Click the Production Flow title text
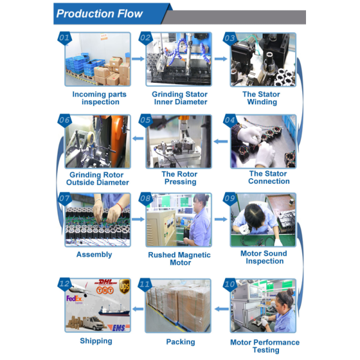click(x=100, y=14)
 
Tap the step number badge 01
click(x=65, y=38)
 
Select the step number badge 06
click(x=65, y=120)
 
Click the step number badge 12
click(x=65, y=284)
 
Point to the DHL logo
click(x=105, y=282)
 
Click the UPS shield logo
click(x=124, y=286)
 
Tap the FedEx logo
click(x=74, y=299)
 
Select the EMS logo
click(x=119, y=328)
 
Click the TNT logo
click(x=105, y=290)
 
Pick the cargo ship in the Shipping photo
click(x=114, y=310)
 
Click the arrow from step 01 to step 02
click(x=138, y=59)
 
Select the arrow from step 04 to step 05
click(x=221, y=141)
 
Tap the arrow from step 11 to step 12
click(x=138, y=309)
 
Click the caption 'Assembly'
click(x=94, y=254)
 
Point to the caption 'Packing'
click(x=181, y=342)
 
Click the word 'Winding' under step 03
click(x=262, y=102)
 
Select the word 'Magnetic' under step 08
click(x=194, y=255)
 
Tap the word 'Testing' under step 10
click(x=266, y=350)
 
